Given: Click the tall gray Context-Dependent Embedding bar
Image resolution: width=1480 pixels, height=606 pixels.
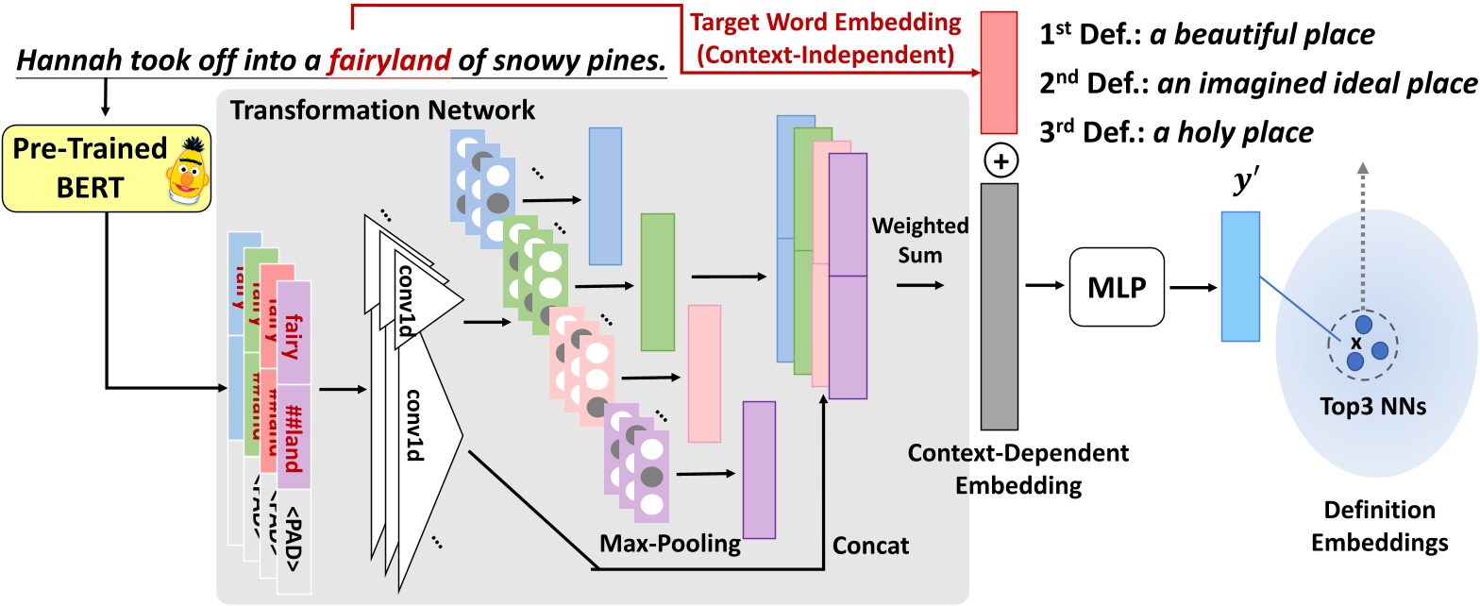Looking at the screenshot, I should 999,307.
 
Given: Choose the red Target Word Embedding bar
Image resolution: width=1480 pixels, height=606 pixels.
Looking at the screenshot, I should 999,73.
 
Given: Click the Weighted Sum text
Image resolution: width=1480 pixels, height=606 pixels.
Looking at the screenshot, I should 907,240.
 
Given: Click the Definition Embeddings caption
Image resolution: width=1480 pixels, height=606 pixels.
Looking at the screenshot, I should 1375,527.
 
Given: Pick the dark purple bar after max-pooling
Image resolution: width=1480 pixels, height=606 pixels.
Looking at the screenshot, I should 759,456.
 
